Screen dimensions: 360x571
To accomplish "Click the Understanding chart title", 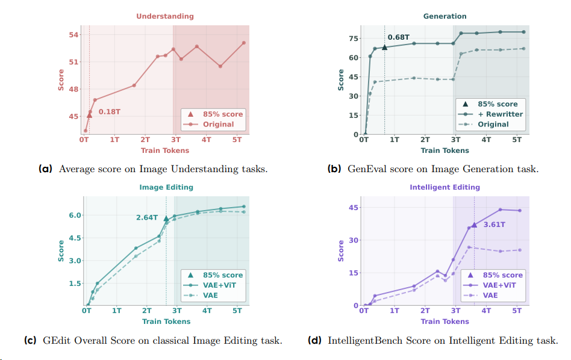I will pos(164,16).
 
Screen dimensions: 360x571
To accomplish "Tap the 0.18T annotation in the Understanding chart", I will pos(110,111).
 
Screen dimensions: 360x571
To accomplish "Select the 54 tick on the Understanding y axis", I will pos(73,34).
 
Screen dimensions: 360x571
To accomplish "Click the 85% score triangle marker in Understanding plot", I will pos(89,115).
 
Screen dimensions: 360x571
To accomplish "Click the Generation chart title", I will pos(445,16).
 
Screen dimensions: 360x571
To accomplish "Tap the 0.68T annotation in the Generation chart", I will pos(399,37).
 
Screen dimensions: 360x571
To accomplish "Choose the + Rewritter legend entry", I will pos(500,114).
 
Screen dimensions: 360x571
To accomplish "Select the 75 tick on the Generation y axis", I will pos(354,38).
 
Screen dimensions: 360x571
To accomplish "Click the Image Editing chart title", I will pos(166,187).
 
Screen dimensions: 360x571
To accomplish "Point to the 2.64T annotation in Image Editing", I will pos(146,217).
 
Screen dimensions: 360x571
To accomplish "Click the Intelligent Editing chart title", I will pos(445,187).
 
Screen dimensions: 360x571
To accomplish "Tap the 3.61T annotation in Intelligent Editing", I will pos(494,225).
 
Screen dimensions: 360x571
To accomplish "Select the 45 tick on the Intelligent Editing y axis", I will pos(353,208).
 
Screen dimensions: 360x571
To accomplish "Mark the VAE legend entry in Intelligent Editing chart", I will pos(491,296).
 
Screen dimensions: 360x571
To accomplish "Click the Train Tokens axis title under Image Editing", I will pos(166,321).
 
